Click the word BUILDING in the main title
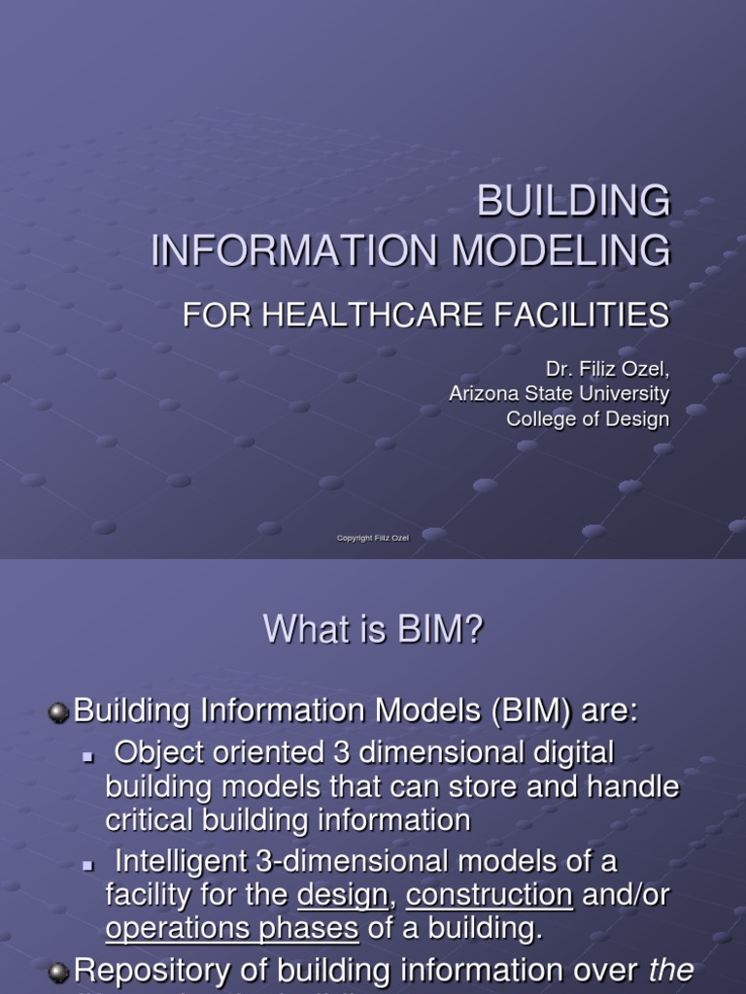[573, 202]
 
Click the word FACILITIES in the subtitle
[582, 315]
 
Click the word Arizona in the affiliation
[481, 393]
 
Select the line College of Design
[588, 418]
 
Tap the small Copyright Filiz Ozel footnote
[373, 538]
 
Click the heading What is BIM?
[373, 632]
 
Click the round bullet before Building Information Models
[59, 712]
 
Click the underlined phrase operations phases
[232, 928]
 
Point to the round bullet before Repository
[59, 972]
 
